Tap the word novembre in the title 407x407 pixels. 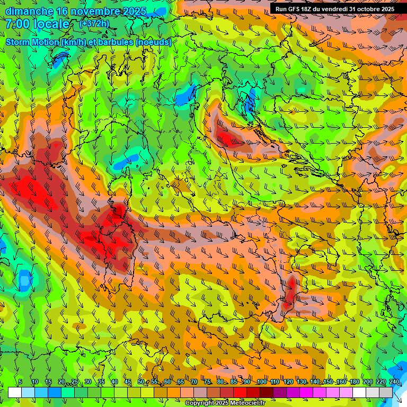(x=90, y=11)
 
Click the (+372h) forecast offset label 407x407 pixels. (x=94, y=24)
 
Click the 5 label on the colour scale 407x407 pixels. (x=20, y=382)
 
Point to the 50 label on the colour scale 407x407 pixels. (x=141, y=382)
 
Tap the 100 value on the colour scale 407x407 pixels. (x=261, y=382)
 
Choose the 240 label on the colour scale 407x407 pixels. (x=394, y=382)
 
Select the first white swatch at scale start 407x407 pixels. (x=15, y=392)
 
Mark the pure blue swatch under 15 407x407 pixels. (x=55, y=392)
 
